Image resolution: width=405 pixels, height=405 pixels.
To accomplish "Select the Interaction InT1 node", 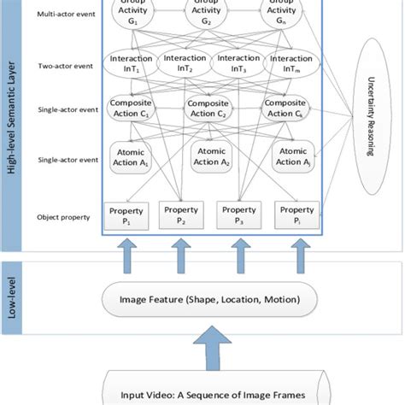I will pos(131,63).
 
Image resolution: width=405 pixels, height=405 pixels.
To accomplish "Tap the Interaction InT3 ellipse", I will pos(239,63).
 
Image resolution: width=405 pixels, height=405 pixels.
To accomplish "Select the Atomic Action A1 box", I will pos(132,158).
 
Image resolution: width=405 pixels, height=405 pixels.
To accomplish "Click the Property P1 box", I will pos(125,214).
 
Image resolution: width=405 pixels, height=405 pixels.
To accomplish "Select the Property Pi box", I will pos(297,214).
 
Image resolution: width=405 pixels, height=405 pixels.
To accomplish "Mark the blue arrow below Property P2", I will pos(181,254).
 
